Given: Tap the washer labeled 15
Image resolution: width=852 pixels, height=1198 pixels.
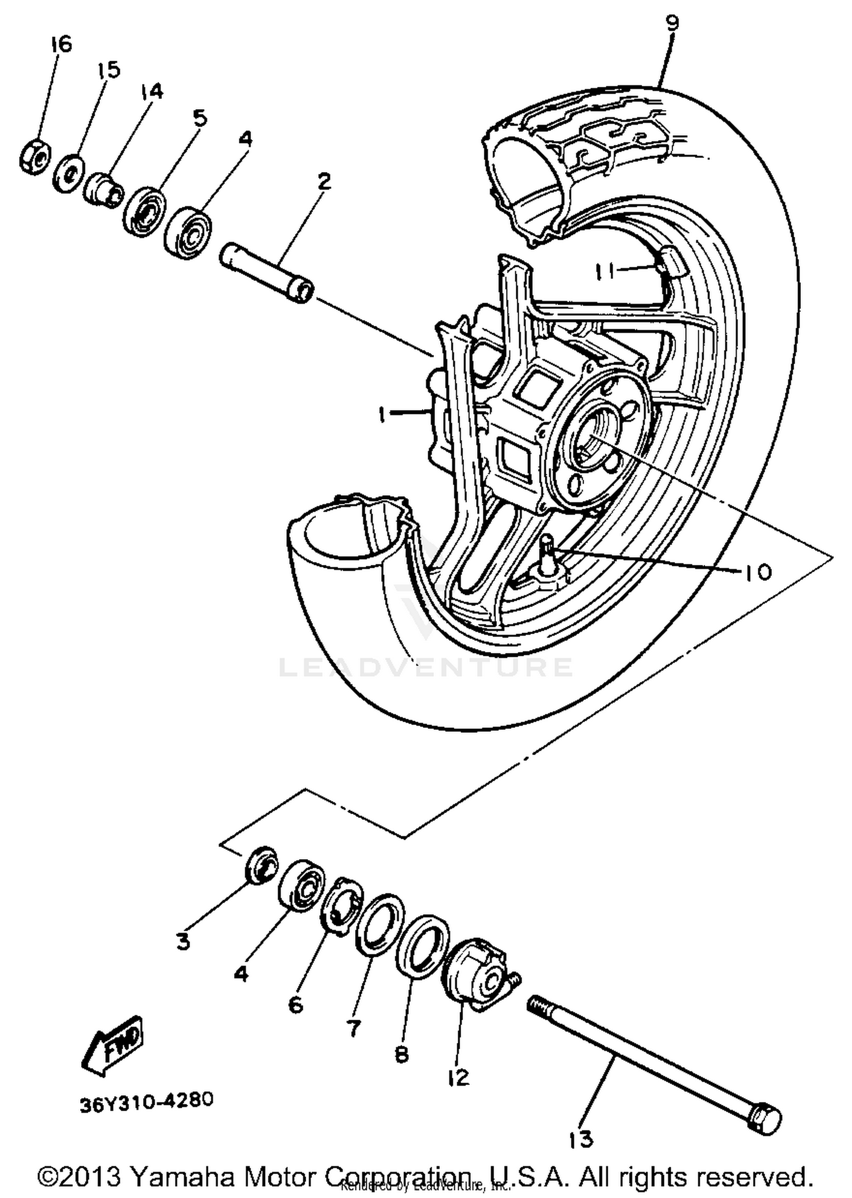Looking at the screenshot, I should (69, 173).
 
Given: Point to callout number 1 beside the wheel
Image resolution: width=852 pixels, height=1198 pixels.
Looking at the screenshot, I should (382, 414).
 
